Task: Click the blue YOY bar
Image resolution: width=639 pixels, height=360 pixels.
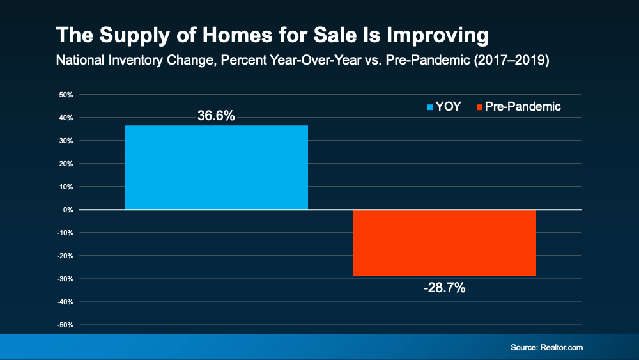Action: click(216, 168)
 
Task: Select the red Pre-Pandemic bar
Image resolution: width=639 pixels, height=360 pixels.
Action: click(444, 243)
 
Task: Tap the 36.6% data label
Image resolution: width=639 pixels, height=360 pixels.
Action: click(216, 116)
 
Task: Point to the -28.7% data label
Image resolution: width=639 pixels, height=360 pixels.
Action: click(444, 288)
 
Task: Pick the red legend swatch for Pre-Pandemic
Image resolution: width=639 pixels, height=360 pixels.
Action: click(479, 107)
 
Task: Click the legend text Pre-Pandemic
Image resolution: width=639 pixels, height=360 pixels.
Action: click(523, 107)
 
